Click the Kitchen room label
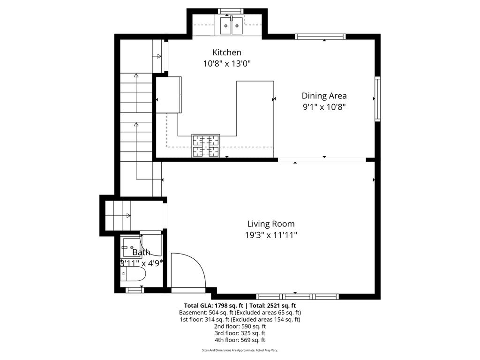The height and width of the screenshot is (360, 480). tap(227, 52)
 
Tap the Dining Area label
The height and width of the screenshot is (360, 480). tap(324, 96)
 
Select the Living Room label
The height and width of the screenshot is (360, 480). tap(271, 224)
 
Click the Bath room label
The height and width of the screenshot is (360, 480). tap(141, 252)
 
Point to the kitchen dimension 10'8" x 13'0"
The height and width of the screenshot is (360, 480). tap(227, 64)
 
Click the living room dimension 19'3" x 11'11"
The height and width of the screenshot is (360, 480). tap(271, 235)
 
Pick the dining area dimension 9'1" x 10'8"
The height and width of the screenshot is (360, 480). tap(324, 107)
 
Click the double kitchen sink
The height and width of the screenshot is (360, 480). tap(232, 25)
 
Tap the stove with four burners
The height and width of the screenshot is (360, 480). tap(205, 146)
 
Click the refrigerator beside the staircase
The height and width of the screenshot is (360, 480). tap(169, 95)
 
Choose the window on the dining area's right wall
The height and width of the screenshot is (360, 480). tap(378, 98)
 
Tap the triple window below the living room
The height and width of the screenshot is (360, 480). tap(297, 296)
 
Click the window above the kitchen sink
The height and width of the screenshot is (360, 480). tap(231, 11)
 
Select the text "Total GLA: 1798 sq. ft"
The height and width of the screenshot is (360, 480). tap(214, 306)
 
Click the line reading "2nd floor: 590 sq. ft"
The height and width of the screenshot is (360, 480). tap(240, 326)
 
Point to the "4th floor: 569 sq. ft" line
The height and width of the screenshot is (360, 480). tap(240, 340)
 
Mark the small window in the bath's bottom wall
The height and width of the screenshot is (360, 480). tap(135, 290)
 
